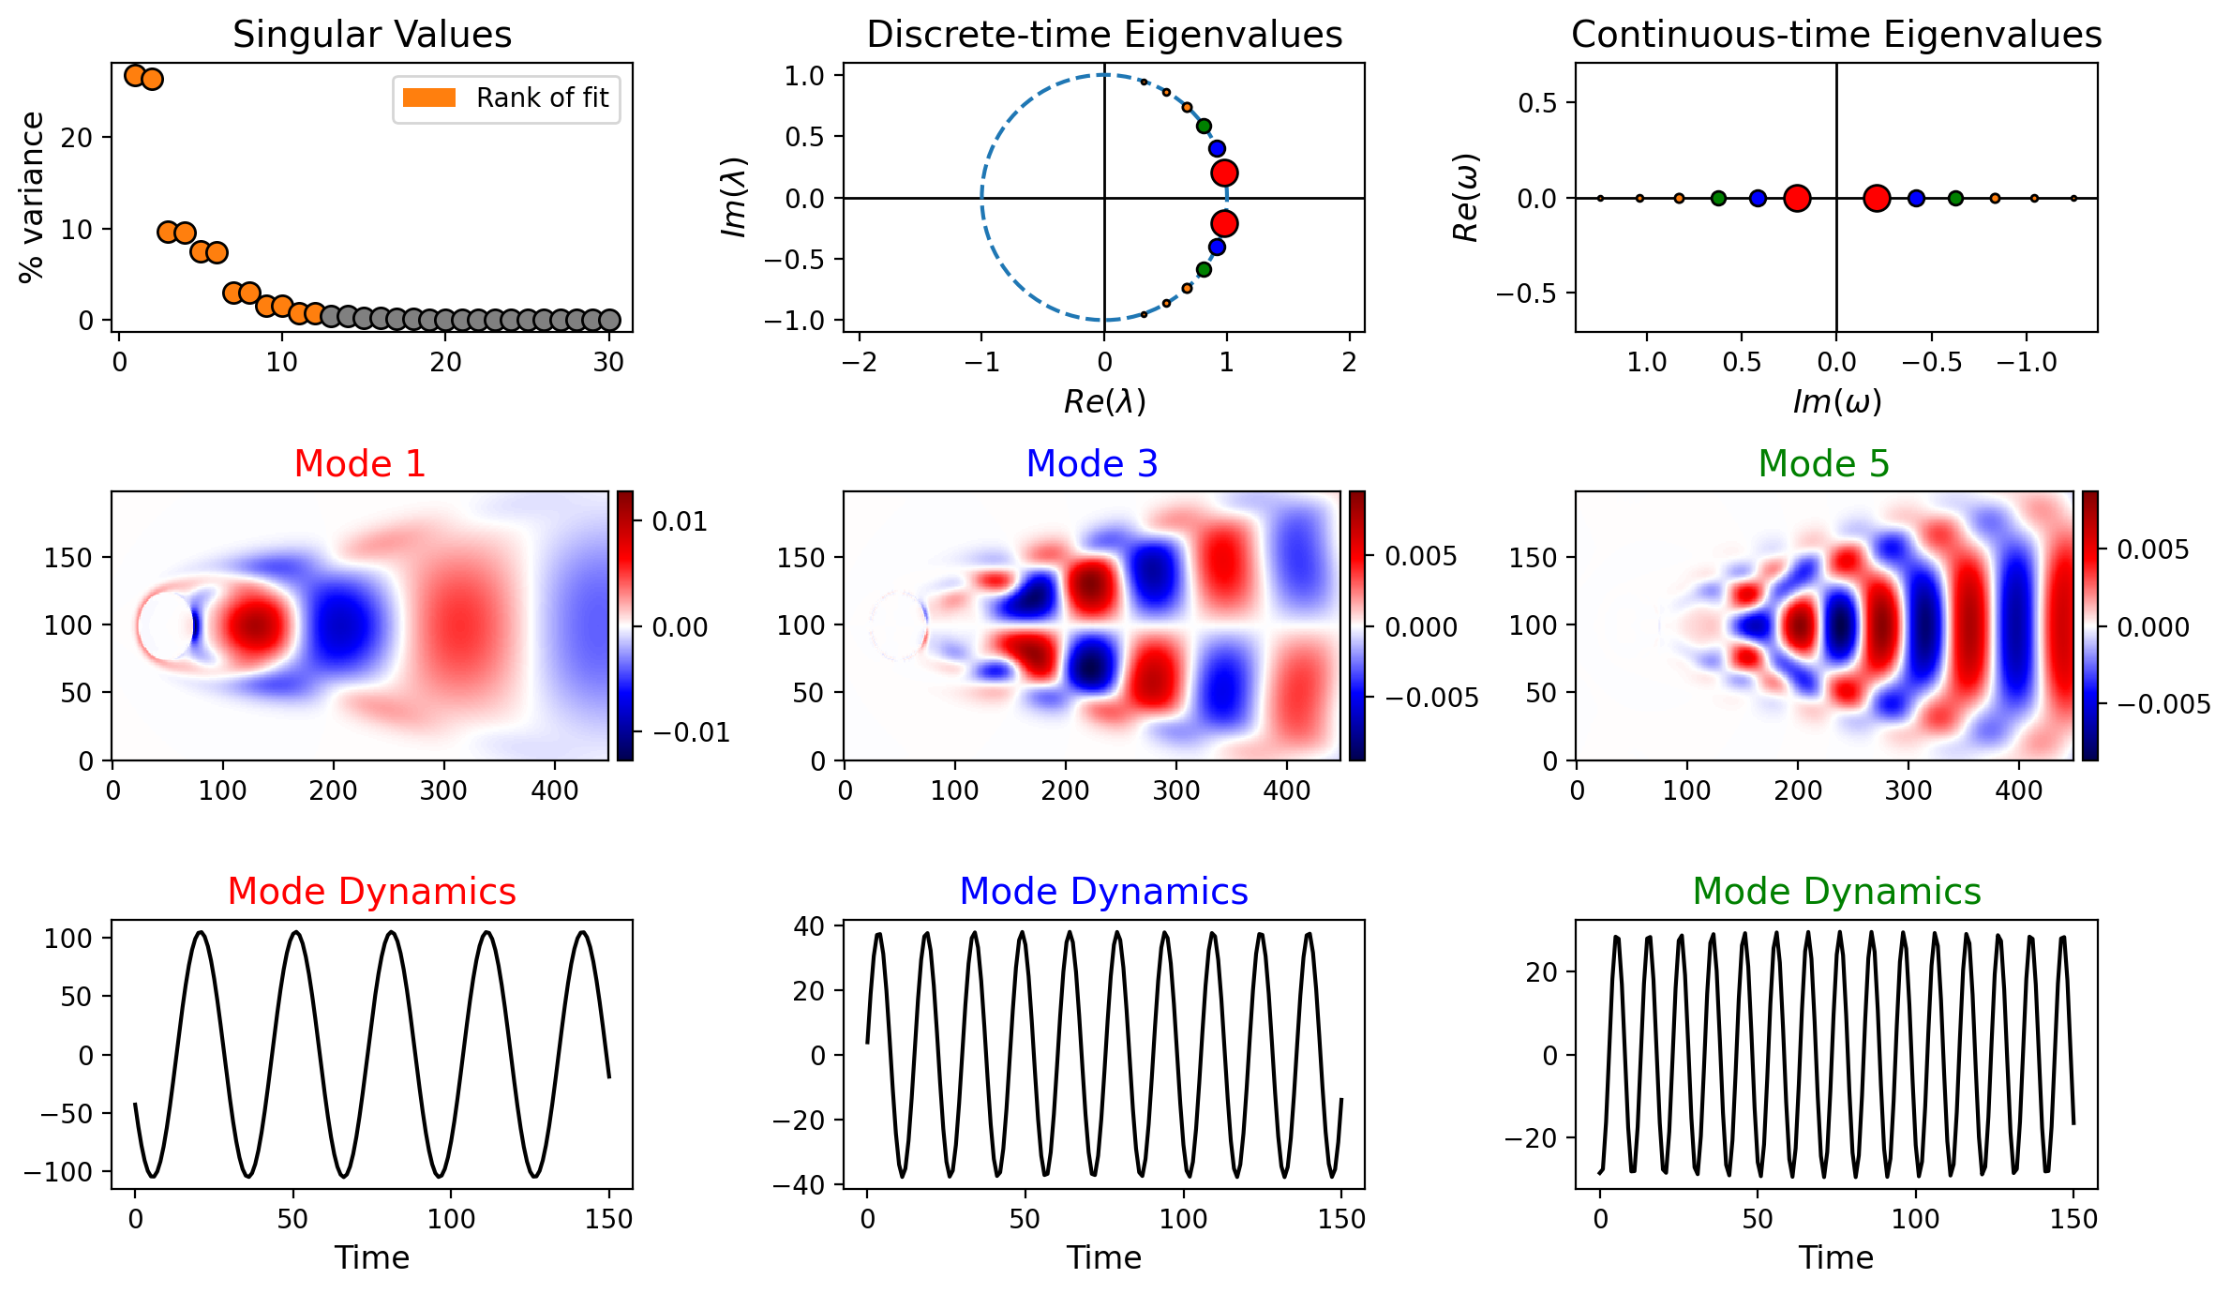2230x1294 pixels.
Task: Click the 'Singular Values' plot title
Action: point(372,35)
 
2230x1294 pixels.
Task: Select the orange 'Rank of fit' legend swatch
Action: point(428,98)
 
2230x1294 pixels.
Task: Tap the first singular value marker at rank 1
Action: point(135,75)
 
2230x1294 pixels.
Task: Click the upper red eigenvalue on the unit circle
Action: point(1223,173)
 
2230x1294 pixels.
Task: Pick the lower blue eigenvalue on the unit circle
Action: point(1217,248)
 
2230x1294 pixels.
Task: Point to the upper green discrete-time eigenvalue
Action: point(1204,126)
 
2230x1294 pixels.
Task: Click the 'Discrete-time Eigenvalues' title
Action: point(1104,35)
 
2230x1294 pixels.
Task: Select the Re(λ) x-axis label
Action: point(1104,401)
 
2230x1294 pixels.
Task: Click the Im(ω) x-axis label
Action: point(1836,401)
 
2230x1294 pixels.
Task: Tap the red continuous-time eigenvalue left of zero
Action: point(1797,198)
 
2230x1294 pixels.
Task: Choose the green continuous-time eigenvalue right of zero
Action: point(1955,198)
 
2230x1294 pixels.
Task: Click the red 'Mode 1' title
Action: point(360,463)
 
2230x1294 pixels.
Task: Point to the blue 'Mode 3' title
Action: point(1092,463)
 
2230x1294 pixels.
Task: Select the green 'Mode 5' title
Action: point(1824,463)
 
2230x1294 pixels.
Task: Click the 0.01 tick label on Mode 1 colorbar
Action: point(680,521)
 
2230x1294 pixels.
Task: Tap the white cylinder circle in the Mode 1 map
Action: point(165,625)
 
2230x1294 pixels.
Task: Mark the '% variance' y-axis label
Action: point(31,197)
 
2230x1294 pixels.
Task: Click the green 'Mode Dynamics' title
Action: point(1836,892)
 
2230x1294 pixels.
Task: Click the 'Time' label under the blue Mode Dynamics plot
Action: point(1104,1257)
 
